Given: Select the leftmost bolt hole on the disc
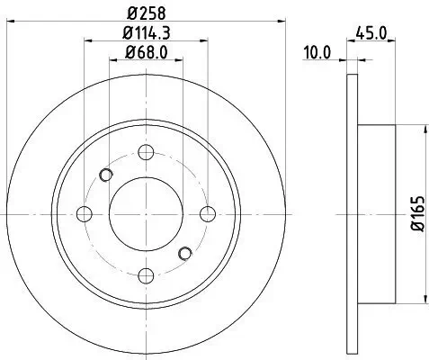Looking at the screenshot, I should (85, 213).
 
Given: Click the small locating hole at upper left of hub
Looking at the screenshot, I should (106, 175).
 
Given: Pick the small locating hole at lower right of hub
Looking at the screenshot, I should (186, 253).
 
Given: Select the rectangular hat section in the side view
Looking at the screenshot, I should (377, 213).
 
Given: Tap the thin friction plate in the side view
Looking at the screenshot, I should (350, 213).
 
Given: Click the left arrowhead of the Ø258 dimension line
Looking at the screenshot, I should (24, 21).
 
